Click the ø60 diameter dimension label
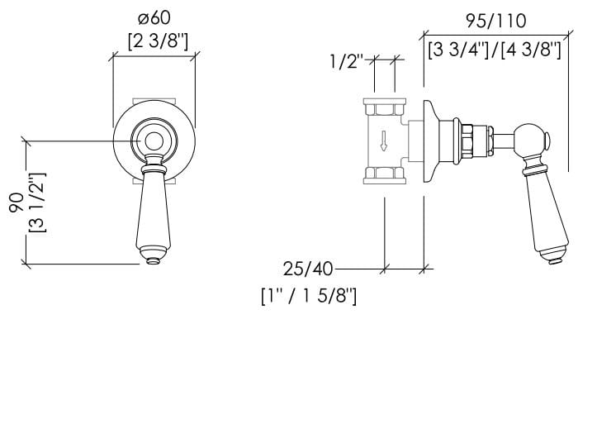coord(154,18)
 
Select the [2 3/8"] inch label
coord(158,41)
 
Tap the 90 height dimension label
coord(17,203)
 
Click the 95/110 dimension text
coord(496,21)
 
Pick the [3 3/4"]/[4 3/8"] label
coord(495,50)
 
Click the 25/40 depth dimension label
coord(308,269)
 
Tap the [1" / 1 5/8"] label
coord(309,295)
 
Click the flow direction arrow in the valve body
coord(384,141)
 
